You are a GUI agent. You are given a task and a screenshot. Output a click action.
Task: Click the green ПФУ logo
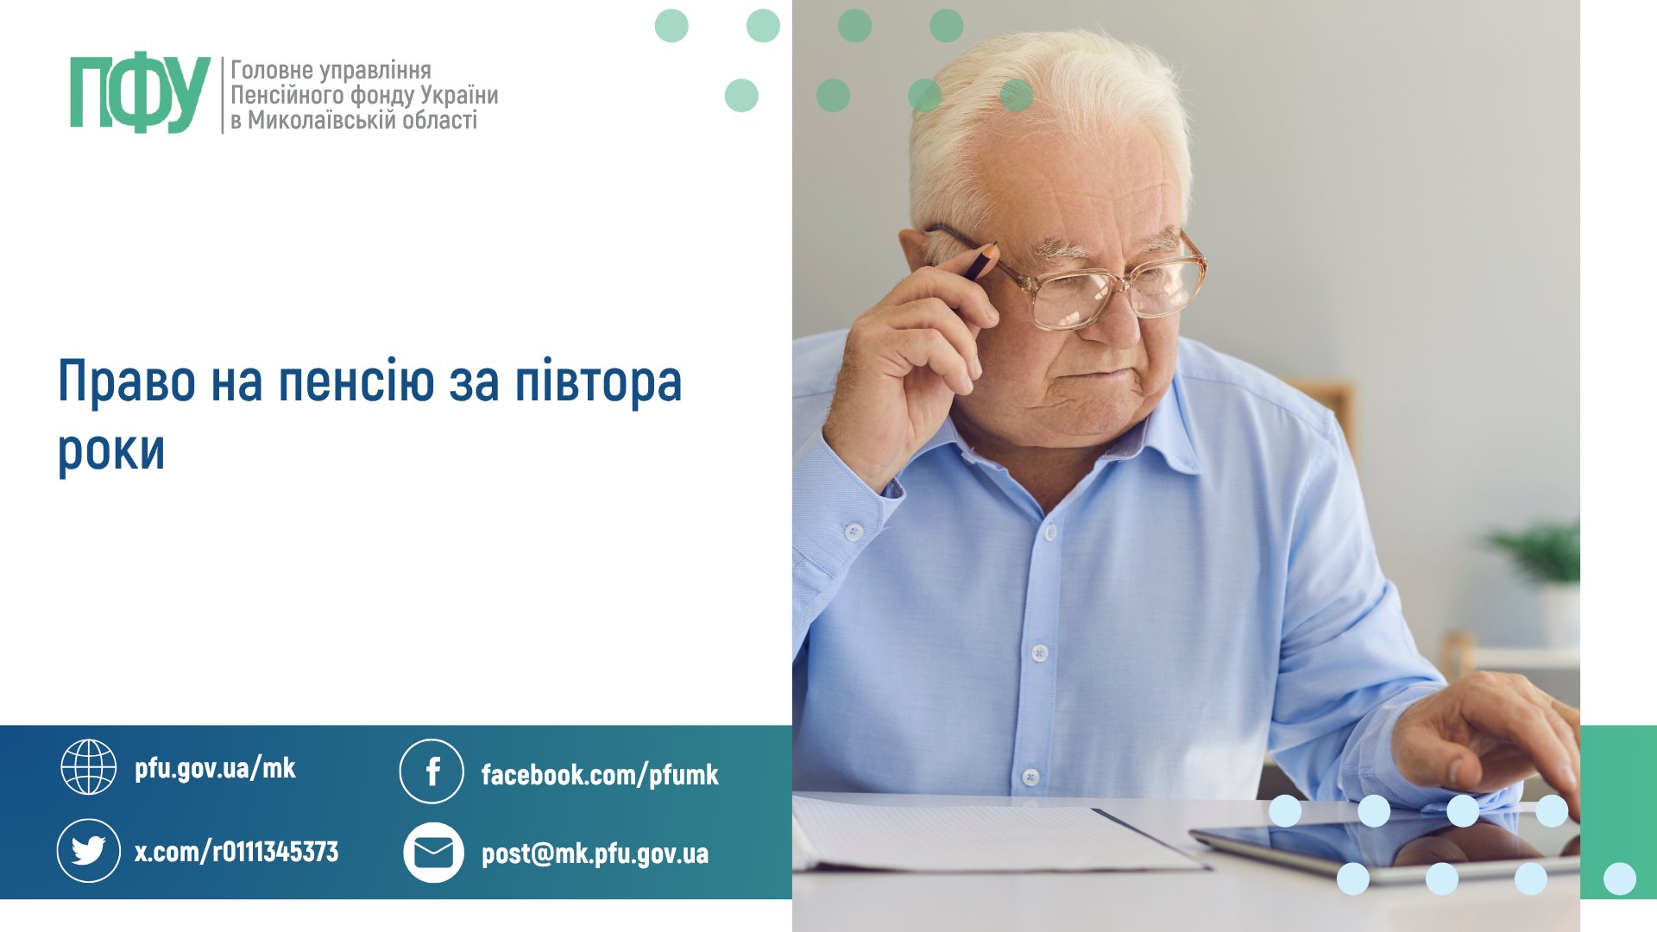(x=140, y=94)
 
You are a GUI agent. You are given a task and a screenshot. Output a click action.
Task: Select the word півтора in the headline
(x=598, y=381)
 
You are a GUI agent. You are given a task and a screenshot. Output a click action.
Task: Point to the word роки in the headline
(x=111, y=451)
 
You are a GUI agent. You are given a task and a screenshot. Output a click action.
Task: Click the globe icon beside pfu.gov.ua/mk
(x=88, y=766)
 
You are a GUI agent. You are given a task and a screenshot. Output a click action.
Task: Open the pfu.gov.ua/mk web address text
(x=215, y=768)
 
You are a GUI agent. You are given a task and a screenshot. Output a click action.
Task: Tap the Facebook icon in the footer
(x=432, y=771)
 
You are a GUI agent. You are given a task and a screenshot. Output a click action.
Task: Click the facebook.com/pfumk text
(x=600, y=774)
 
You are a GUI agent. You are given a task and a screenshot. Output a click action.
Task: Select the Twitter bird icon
(x=88, y=851)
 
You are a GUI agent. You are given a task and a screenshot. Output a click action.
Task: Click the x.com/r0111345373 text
(x=236, y=852)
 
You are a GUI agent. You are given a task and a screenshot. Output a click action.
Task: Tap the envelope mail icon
(x=433, y=853)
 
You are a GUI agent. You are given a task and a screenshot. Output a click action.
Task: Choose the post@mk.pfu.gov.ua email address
(x=595, y=853)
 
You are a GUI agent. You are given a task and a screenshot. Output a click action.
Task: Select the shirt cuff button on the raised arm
(x=854, y=532)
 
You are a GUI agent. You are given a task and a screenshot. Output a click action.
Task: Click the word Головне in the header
(x=271, y=70)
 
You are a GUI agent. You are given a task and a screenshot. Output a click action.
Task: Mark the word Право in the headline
(x=127, y=381)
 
